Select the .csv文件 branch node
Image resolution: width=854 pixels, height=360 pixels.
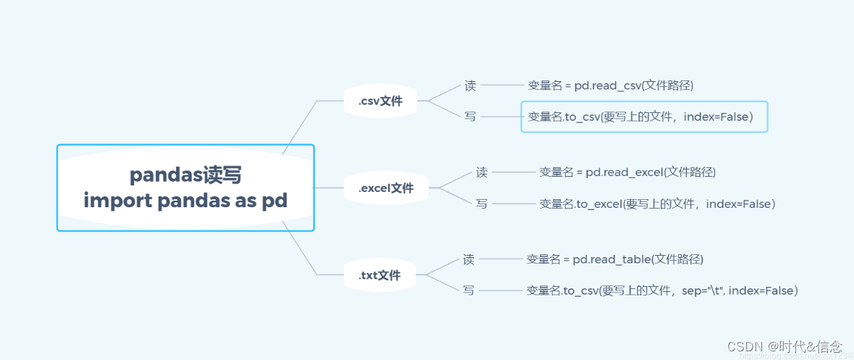click(380, 101)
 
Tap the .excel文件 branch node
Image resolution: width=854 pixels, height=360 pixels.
click(386, 188)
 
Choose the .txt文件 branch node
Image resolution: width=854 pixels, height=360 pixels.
click(379, 275)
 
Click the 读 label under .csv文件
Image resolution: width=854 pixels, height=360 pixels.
click(470, 85)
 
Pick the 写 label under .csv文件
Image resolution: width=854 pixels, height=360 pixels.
click(470, 117)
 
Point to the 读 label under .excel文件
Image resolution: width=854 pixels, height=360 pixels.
click(482, 172)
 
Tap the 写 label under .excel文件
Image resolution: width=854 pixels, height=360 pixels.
click(482, 204)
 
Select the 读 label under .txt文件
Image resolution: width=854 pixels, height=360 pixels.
click(469, 259)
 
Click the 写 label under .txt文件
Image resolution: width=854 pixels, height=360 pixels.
click(469, 290)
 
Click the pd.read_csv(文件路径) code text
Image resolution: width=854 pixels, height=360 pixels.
click(611, 85)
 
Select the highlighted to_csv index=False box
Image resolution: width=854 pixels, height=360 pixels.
click(644, 117)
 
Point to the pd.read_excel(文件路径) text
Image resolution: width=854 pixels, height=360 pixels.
click(627, 172)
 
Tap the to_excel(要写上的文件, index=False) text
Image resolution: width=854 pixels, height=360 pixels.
click(657, 204)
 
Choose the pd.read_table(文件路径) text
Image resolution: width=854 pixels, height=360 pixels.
click(614, 259)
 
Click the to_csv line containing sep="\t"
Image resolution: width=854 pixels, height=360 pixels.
click(661, 290)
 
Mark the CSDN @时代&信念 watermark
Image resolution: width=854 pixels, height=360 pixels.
click(784, 346)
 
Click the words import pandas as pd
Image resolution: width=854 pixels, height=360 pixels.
click(185, 200)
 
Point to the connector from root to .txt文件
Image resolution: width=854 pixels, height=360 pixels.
click(299, 250)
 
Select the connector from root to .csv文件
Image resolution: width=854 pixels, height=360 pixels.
click(301, 127)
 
